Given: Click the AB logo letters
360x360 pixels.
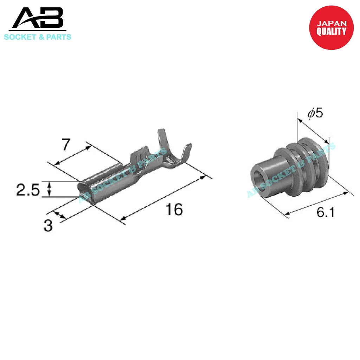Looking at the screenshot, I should pyautogui.click(x=38, y=19).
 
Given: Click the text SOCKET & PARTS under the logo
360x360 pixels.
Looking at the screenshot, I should pyautogui.click(x=38, y=37).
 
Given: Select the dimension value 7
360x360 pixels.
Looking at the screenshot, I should pyautogui.click(x=66, y=144).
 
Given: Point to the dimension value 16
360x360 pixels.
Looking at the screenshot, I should pyautogui.click(x=174, y=210).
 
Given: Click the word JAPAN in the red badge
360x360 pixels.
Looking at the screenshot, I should pyautogui.click(x=332, y=24).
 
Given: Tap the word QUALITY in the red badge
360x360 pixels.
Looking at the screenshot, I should pyautogui.click(x=331, y=32).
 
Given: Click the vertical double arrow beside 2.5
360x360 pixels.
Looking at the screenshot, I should pyautogui.click(x=49, y=189).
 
